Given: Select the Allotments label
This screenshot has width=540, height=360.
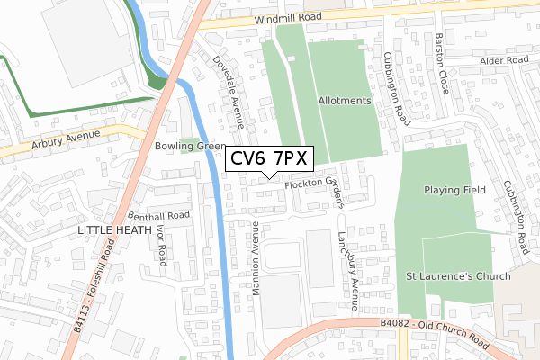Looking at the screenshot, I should pyautogui.click(x=345, y=102).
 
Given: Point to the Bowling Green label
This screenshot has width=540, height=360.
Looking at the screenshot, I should pyautogui.click(x=190, y=146).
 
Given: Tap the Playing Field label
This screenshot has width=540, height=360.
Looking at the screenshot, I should pyautogui.click(x=455, y=191).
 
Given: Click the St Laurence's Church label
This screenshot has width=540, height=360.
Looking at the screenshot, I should pyautogui.click(x=458, y=276).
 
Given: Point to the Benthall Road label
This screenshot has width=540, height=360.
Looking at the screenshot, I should pyautogui.click(x=159, y=216).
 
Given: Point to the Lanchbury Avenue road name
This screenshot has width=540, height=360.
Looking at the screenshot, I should pyautogui.click(x=347, y=259).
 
